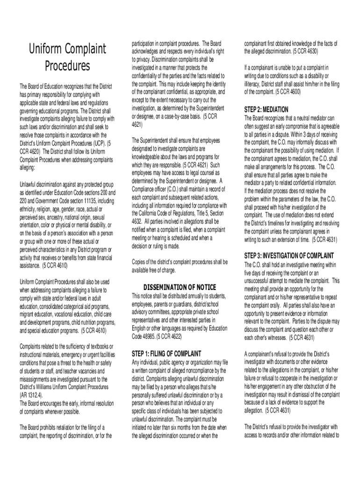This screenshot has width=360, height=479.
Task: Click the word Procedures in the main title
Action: [68, 66]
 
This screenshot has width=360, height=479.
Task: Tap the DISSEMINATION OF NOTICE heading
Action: [180, 287]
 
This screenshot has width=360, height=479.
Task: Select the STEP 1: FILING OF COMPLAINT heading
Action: [166, 353]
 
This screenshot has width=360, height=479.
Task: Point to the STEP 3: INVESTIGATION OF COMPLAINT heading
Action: [289, 256]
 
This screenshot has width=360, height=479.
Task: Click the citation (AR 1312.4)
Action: [34, 395]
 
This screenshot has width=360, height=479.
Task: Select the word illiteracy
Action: [255, 84]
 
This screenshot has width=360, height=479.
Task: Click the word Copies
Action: [140, 261]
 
